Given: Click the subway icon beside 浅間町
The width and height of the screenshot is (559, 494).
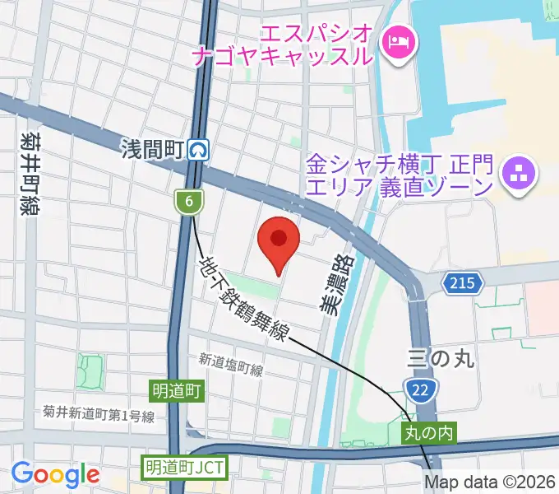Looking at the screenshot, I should (x=198, y=149).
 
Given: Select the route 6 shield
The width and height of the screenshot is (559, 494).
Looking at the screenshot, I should (x=189, y=200).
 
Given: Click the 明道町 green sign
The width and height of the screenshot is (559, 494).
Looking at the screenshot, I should (x=176, y=389).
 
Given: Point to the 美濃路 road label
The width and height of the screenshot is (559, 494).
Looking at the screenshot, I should (x=331, y=284).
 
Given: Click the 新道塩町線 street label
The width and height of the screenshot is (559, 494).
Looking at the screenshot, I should (x=231, y=364).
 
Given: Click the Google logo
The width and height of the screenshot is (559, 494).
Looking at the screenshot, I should (x=55, y=474).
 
